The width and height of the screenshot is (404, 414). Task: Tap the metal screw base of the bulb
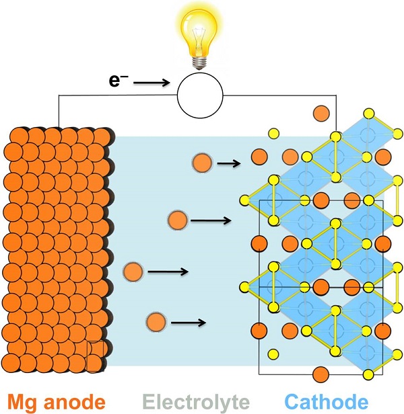pos(200,63)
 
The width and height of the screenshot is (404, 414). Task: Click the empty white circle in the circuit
pos(200,95)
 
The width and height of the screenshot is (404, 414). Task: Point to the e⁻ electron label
pos(119,80)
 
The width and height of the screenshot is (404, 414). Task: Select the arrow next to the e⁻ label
pos(151,83)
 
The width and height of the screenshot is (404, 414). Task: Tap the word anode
pos(75,402)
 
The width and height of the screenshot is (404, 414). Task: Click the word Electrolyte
pos(196,403)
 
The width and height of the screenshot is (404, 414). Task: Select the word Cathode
pos(327,402)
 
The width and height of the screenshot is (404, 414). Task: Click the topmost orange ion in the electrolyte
pos(202,163)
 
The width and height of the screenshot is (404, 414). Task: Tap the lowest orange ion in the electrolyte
pos(156,322)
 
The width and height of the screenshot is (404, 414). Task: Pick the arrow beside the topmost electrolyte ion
pos(228,163)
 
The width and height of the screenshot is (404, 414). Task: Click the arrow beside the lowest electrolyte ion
pos(188,323)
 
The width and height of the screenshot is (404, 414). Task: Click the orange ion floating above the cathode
pos(321,114)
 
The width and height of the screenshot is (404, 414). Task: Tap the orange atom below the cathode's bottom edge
pos(321,374)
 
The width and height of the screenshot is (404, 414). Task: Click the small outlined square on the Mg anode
pos(95,357)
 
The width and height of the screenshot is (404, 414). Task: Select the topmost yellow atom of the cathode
pos(369,114)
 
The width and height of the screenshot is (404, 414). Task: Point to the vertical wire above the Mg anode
pos(59,111)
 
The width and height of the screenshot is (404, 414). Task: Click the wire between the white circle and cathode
pos(279,95)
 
